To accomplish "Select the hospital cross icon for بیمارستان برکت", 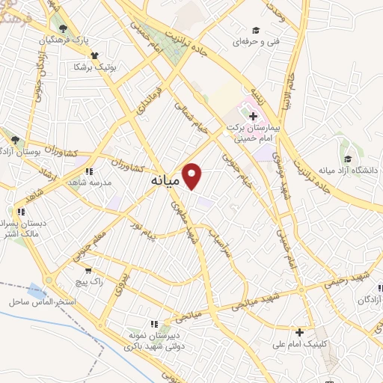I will click(253, 116).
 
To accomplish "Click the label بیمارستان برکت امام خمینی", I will click(255, 133).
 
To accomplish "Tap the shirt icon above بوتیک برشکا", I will click(94, 55).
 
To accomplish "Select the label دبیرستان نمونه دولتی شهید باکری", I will click(153, 341).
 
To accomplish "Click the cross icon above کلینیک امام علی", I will click(301, 332).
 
